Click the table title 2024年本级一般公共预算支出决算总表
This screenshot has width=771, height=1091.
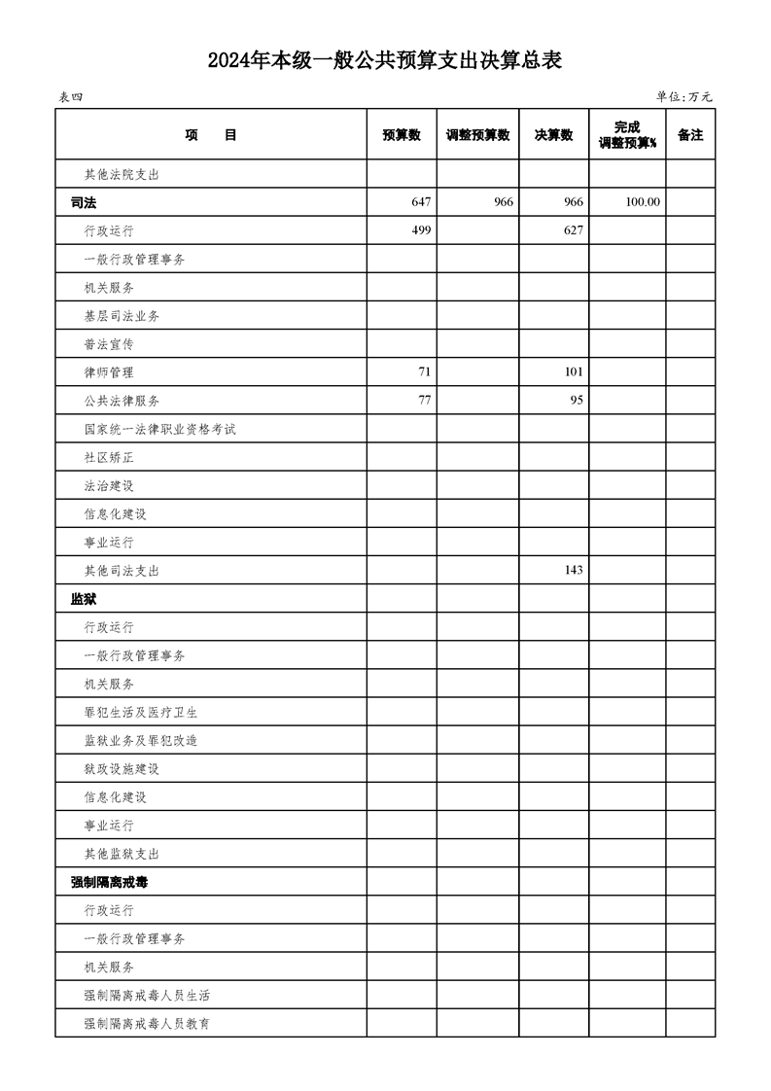pos(385,61)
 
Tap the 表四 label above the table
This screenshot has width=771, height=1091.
pos(71,97)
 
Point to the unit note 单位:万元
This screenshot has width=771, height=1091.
pos(684,97)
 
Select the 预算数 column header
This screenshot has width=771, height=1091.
pos(402,135)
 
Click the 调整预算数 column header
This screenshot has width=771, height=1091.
pos(477,135)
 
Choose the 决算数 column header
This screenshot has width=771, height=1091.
pos(553,135)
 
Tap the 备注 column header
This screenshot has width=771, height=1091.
pos(690,135)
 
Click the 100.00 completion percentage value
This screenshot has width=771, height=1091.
pos(643,202)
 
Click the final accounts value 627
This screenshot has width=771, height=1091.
pos(573,230)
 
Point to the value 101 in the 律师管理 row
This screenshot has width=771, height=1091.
pos(573,371)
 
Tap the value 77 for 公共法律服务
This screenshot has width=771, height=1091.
pos(423,400)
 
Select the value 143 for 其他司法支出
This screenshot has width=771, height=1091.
pos(573,569)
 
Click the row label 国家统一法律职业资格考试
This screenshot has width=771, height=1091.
pos(160,428)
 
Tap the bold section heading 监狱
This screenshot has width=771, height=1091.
pos(84,598)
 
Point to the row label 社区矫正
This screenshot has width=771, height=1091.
pos(109,456)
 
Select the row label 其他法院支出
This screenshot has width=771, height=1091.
pos(122,175)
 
